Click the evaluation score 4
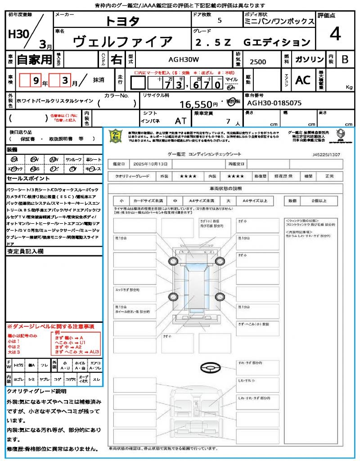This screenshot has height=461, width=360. click(x=334, y=34)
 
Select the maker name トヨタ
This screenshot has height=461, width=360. click(x=122, y=21)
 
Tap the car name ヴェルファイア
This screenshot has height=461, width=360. click(x=122, y=42)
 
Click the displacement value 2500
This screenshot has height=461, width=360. click(x=258, y=62)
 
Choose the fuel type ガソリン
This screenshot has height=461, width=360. click(x=309, y=59)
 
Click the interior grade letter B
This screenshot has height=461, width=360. click(x=345, y=59)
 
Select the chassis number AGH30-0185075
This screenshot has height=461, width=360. click(x=274, y=103)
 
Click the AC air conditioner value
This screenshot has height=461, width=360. click(x=302, y=80)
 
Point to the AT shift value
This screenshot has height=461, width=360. click(x=180, y=120)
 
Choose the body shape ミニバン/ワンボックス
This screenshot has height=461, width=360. click(x=279, y=22)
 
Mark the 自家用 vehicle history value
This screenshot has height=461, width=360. click(x=34, y=59)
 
